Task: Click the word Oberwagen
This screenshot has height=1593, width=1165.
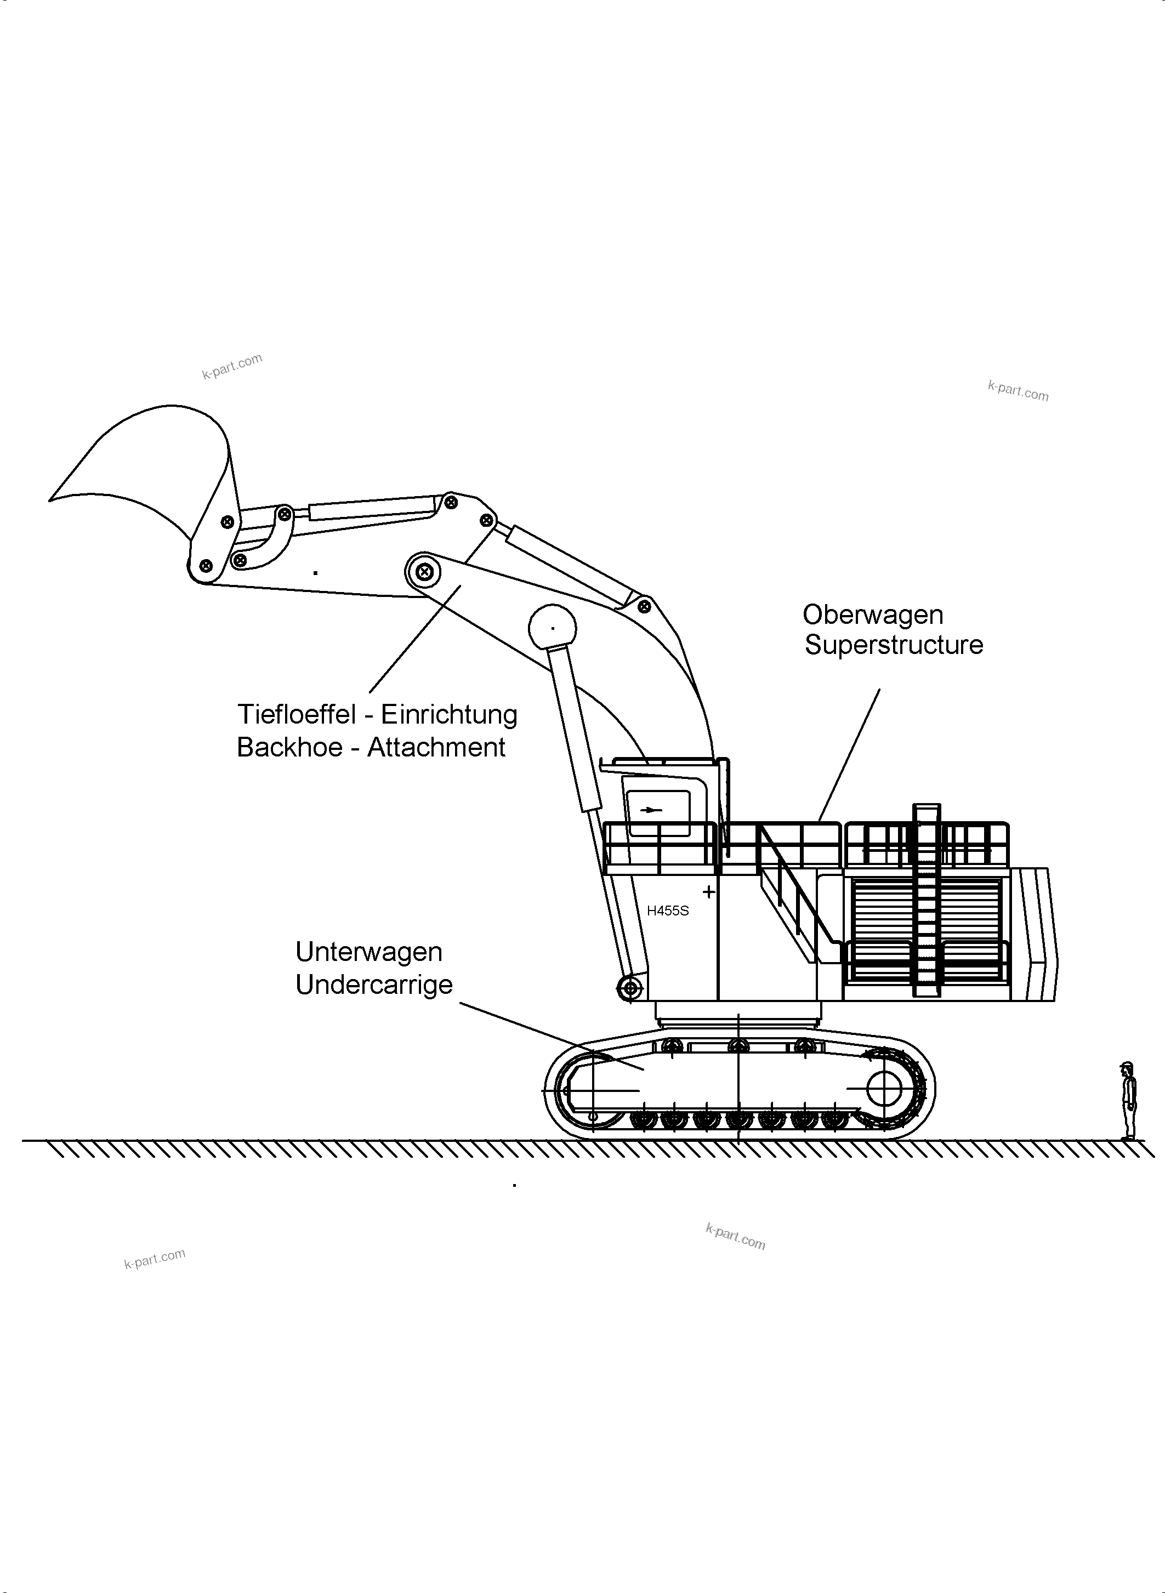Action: (872, 615)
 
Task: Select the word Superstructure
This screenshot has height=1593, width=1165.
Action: (894, 645)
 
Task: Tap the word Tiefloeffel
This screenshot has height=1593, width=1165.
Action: (296, 714)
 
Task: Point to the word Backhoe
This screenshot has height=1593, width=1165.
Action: (288, 748)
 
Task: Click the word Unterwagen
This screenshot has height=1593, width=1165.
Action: (369, 952)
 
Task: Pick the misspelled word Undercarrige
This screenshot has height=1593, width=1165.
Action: (374, 985)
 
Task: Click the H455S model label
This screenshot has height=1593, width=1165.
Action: (667, 911)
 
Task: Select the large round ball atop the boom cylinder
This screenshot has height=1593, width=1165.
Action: (552, 627)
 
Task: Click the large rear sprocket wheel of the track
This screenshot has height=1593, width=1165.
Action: (884, 1090)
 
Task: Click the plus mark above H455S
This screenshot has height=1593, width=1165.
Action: (709, 891)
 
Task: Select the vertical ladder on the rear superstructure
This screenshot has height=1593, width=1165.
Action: (926, 903)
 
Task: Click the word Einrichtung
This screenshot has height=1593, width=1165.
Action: (448, 714)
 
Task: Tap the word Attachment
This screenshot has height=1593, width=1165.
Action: (436, 748)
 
